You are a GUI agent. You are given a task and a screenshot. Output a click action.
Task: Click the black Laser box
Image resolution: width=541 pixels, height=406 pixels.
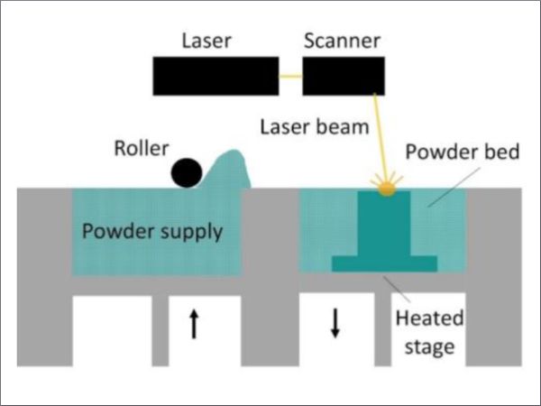pos(215,76)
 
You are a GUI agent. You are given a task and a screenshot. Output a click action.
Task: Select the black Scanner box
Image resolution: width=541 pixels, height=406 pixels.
pos(344,76)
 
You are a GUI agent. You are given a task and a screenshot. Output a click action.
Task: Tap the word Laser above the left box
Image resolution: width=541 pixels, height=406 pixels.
pos(206,41)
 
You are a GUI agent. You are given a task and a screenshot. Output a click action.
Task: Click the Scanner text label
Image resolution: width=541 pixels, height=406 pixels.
pos(342,41)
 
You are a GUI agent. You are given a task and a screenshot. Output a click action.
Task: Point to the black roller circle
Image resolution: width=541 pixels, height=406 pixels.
pos(187,172)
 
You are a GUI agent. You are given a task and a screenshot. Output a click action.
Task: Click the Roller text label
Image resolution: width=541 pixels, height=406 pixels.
pos(142,149)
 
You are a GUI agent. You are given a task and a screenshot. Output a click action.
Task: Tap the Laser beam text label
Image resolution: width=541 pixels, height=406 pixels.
pos(315,127)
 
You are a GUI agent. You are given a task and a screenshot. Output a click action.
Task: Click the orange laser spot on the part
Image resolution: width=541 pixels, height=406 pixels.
pos(387,189)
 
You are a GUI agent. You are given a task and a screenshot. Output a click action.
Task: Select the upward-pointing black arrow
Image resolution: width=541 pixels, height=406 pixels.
pos(194,324)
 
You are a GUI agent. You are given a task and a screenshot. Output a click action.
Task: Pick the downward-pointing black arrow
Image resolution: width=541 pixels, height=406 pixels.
pos(335,323)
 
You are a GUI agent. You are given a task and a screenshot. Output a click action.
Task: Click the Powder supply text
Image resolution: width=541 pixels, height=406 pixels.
pos(152,232)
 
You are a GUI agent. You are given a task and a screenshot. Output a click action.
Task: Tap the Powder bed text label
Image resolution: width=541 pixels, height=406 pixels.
pos(463,152)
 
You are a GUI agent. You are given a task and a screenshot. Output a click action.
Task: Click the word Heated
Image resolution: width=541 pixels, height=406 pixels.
pos(429,318)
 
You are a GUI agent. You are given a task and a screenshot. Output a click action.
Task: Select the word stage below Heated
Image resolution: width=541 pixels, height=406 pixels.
pos(429,347)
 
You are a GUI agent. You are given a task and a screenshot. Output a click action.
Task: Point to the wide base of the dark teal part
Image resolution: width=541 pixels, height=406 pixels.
pos(384,263)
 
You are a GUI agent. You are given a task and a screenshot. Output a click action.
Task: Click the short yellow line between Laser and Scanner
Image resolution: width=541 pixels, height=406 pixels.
pos(290,76)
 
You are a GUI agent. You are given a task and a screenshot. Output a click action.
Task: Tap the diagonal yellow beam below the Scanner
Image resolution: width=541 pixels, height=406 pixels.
pos(381,137)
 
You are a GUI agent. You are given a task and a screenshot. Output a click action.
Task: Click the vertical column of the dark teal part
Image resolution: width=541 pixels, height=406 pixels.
pos(384,224)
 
